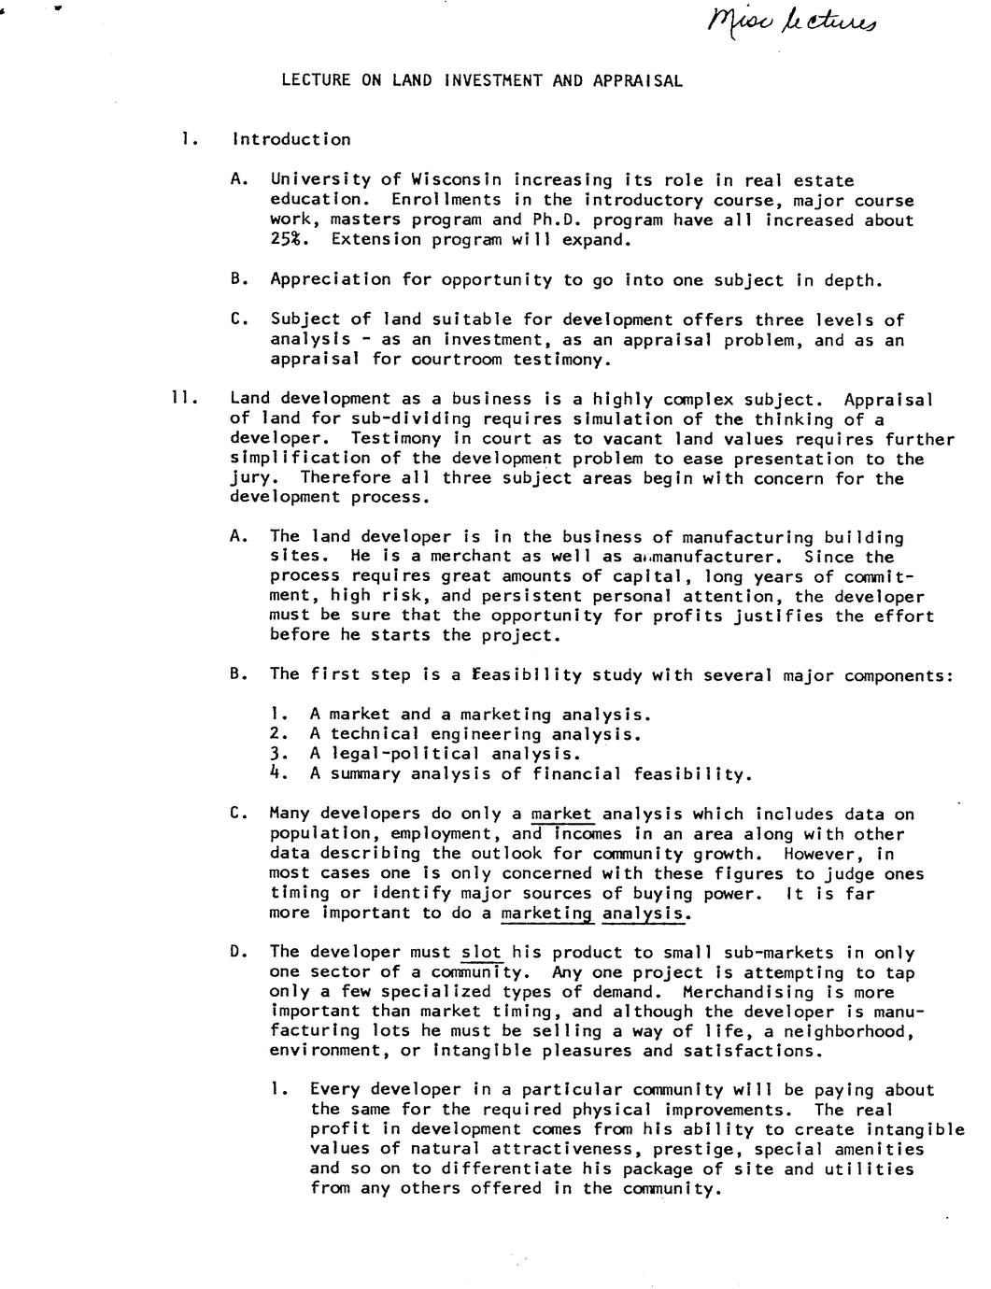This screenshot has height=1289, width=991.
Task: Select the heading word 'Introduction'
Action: [291, 140]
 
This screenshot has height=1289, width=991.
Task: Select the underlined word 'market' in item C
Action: [561, 814]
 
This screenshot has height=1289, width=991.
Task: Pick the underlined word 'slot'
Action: [482, 953]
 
